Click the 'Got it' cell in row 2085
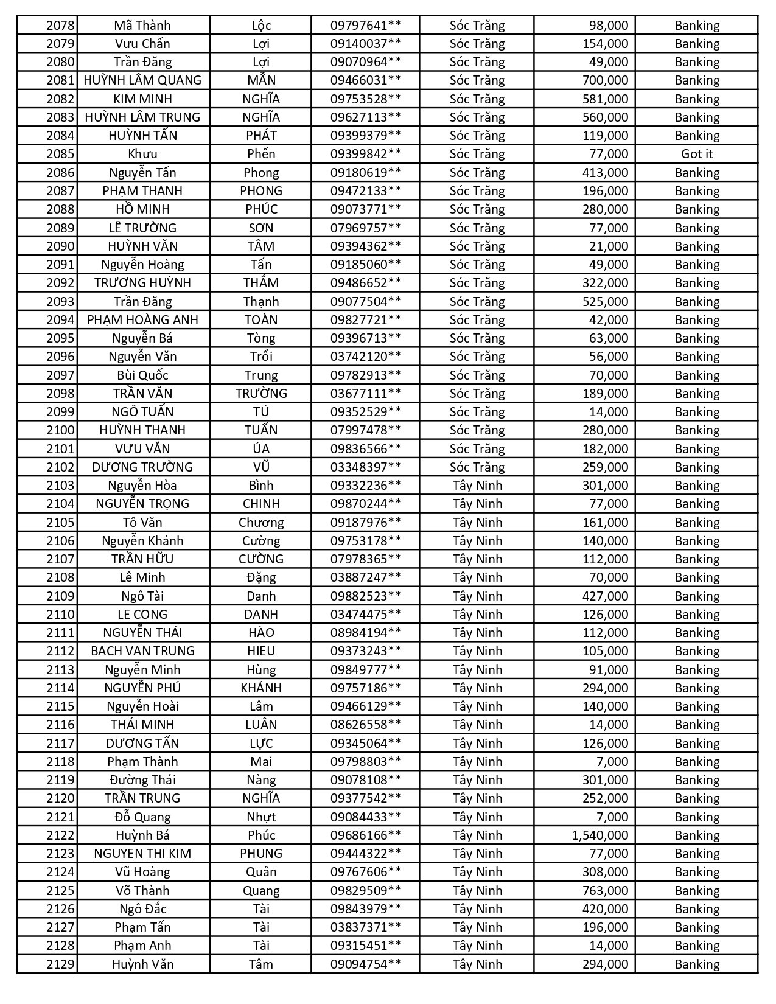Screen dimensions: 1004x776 696,154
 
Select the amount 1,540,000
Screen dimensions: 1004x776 599,835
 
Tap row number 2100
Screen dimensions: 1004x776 60,430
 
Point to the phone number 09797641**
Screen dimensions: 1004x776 366,26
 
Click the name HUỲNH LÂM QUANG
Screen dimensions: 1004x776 142,80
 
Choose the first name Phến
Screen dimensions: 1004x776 261,154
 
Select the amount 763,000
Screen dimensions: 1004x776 605,891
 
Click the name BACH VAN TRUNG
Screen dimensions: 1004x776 142,651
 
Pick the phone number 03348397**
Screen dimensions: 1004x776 366,467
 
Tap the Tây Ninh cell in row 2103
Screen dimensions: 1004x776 477,486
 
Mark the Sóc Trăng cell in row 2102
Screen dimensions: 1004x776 477,467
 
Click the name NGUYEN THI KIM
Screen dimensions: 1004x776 142,854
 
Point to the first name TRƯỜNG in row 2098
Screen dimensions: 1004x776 261,394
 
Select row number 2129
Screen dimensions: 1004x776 60,964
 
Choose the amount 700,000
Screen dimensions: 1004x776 605,80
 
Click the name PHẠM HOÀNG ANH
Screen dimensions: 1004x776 142,320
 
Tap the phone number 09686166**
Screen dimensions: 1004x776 366,835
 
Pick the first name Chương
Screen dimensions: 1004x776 261,523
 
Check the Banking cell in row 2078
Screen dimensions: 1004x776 696,26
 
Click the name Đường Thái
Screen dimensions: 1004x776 142,780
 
